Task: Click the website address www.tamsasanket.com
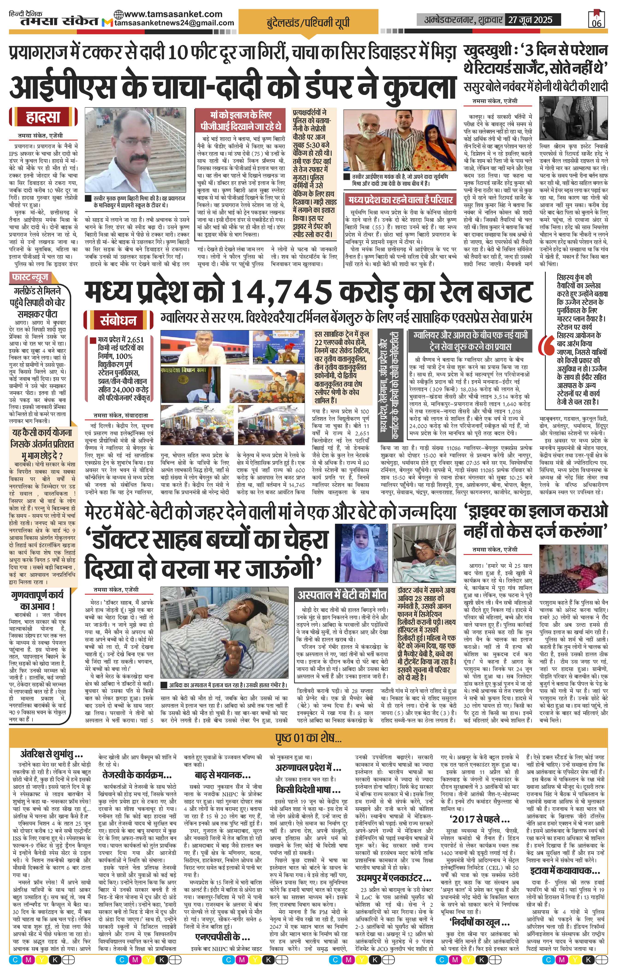click(173, 14)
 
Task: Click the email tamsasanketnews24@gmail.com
click(174, 23)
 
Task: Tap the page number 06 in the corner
click(596, 23)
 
